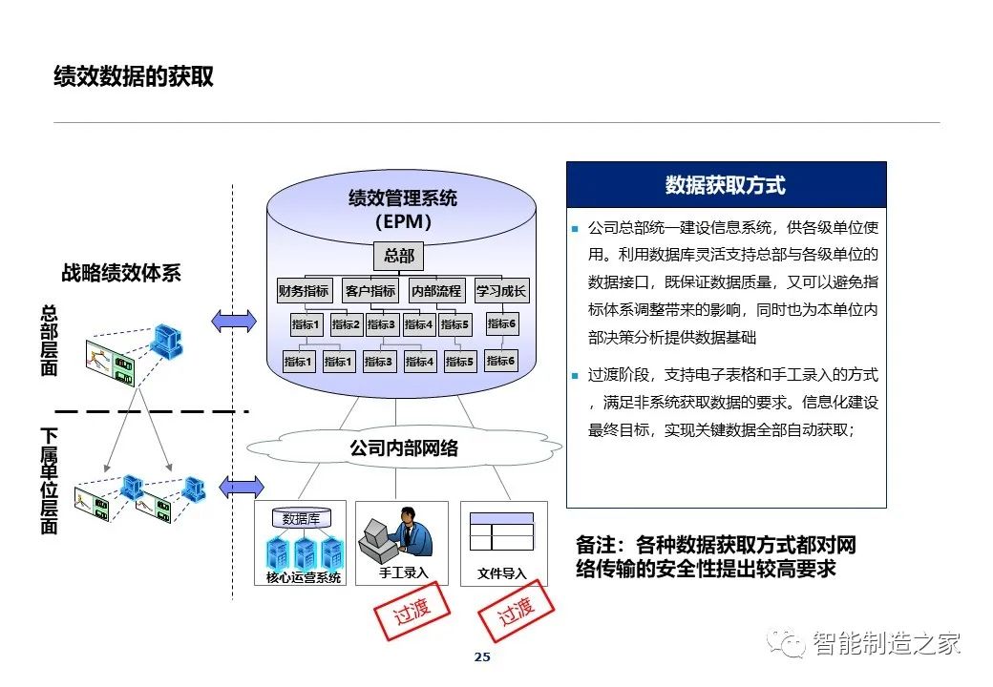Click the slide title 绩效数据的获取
coord(134,76)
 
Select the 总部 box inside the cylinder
coord(399,256)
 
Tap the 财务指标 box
coord(304,290)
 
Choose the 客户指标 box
coord(370,290)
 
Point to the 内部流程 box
coord(436,290)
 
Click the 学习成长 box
coord(501,290)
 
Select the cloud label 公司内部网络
coord(404,448)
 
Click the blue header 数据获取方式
coord(726,185)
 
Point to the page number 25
coord(482,656)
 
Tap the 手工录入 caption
coord(403,572)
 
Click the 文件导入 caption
coord(502,573)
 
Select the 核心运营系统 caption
coord(304,577)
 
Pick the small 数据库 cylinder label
coord(301,519)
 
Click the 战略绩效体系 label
coord(121,273)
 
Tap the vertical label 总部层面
coord(49,340)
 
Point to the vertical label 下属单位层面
coord(49,481)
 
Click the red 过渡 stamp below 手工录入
coord(412,611)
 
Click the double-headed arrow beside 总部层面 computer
coord(234,322)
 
